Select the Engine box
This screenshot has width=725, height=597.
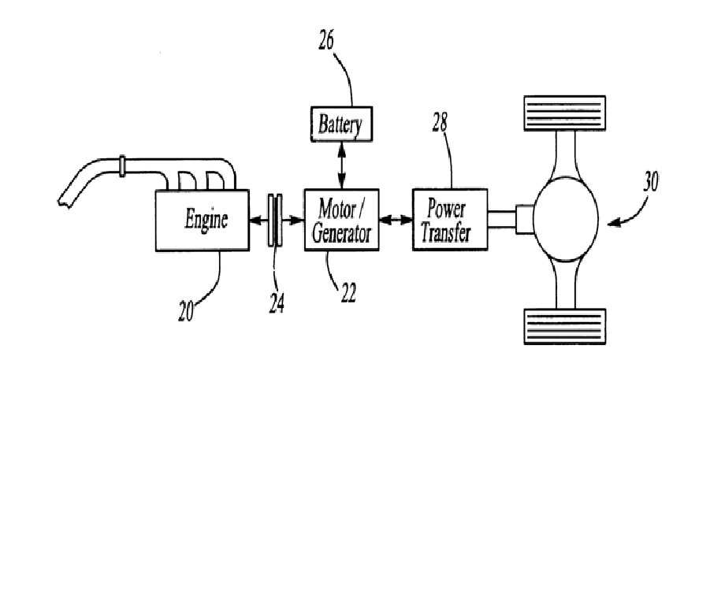pyautogui.click(x=205, y=220)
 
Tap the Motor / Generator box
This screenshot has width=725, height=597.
pyautogui.click(x=340, y=220)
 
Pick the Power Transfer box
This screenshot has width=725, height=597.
pyautogui.click(x=450, y=220)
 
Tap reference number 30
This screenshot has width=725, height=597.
pyautogui.click(x=650, y=183)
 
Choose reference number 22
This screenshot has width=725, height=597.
pyautogui.click(x=348, y=292)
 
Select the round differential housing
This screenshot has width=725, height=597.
pyautogui.click(x=565, y=218)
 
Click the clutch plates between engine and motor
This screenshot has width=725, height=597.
pyautogui.click(x=275, y=220)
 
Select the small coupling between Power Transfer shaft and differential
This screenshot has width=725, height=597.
pyautogui.click(x=524, y=218)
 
